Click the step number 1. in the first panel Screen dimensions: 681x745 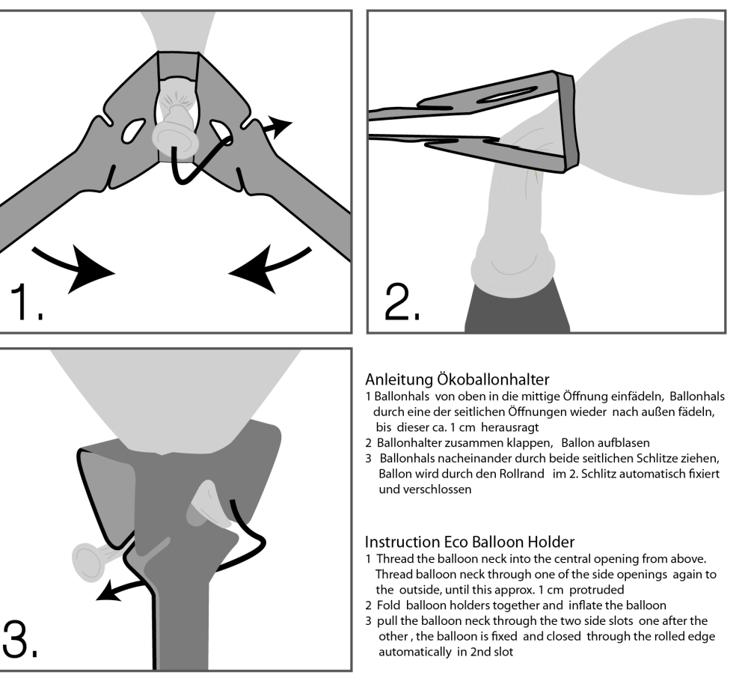point(26,301)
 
